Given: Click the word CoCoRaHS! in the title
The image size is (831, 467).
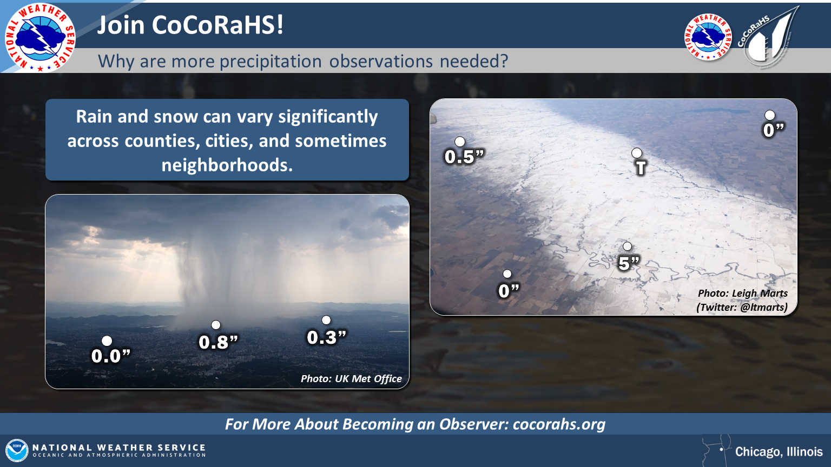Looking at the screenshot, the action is pyautogui.click(x=217, y=25).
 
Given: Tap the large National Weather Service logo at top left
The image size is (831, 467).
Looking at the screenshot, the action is pyautogui.click(x=40, y=38).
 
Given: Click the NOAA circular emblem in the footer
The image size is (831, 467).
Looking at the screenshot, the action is pyautogui.click(x=17, y=450).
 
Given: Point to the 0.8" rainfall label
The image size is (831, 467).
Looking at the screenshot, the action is pyautogui.click(x=218, y=342).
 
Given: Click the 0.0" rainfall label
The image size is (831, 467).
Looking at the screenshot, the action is pyautogui.click(x=111, y=356).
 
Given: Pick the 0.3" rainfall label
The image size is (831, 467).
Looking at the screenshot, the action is pyautogui.click(x=326, y=337).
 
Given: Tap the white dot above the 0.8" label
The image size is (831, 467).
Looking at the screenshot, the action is pyautogui.click(x=215, y=325).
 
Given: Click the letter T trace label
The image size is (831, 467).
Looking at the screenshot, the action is pyautogui.click(x=641, y=168).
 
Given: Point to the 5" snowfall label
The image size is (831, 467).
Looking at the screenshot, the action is pyautogui.click(x=629, y=263).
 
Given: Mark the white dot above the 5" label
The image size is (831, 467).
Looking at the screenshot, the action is pyautogui.click(x=628, y=246).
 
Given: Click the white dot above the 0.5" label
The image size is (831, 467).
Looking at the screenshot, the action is pyautogui.click(x=460, y=142).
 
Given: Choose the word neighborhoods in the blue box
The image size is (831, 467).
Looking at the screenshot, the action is pyautogui.click(x=227, y=165).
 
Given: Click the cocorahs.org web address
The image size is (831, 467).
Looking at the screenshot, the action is pyautogui.click(x=559, y=424).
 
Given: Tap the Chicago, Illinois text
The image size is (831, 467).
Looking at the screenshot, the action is pyautogui.click(x=779, y=451).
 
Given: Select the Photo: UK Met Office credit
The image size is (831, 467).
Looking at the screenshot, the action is pyautogui.click(x=351, y=378).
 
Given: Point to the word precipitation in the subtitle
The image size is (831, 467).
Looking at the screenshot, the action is pyautogui.click(x=271, y=61).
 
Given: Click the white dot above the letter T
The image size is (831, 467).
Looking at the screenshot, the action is pyautogui.click(x=637, y=153).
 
